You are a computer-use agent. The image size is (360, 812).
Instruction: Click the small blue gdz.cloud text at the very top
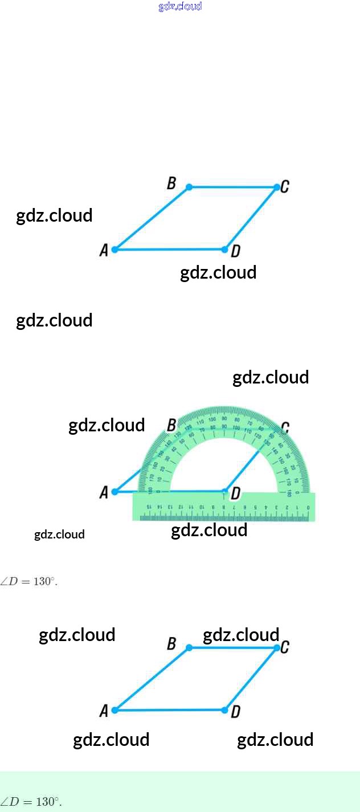pyautogui.click(x=180, y=7)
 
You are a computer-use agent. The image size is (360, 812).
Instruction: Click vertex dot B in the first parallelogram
pyautogui.click(x=189, y=187)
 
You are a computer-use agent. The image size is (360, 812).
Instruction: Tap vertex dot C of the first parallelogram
pyautogui.click(x=277, y=187)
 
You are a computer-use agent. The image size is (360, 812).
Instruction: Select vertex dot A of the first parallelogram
pyautogui.click(x=114, y=250)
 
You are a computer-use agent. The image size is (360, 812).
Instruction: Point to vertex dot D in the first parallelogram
pyautogui.click(x=225, y=250)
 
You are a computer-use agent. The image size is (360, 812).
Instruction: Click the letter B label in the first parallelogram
pyautogui.click(x=171, y=183)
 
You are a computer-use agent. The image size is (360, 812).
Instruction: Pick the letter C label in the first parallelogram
pyautogui.click(x=285, y=186)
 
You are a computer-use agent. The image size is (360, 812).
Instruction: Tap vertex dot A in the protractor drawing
pyautogui.click(x=114, y=491)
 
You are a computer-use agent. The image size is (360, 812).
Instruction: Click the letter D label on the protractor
pyautogui.click(x=235, y=493)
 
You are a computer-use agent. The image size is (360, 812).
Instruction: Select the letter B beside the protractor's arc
pyautogui.click(x=171, y=425)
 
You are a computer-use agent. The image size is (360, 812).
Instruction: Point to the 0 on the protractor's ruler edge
pyautogui.click(x=308, y=507)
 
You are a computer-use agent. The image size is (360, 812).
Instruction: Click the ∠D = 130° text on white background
pyautogui.click(x=29, y=582)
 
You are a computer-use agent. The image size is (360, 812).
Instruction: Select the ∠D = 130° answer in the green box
pyautogui.click(x=31, y=801)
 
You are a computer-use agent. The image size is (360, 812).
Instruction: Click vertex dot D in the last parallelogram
pyautogui.click(x=225, y=710)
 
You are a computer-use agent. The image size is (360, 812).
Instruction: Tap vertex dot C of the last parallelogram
pyautogui.click(x=277, y=647)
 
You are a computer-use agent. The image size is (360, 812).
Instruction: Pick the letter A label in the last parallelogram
pyautogui.click(x=104, y=711)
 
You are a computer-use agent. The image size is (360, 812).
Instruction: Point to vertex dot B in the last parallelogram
pyautogui.click(x=189, y=647)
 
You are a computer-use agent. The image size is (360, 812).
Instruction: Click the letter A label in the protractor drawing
pyautogui.click(x=104, y=492)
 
